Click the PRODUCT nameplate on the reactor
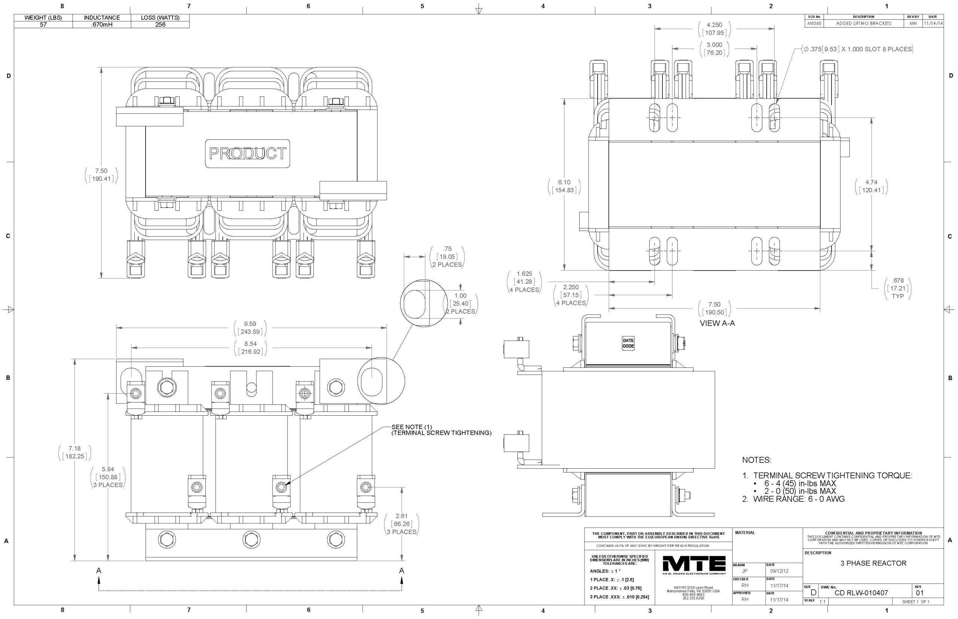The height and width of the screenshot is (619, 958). (247, 153)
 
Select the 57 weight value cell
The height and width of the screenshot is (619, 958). (43, 25)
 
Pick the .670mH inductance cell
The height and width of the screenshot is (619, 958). (102, 25)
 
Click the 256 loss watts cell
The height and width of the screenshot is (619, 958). (160, 25)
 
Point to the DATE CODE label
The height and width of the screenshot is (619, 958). (628, 343)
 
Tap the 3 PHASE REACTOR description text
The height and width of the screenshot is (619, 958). (873, 563)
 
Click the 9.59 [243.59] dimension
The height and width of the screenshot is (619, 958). (250, 327)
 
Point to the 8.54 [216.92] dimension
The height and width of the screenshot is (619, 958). (250, 348)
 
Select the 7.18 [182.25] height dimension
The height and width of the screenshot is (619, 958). (74, 452)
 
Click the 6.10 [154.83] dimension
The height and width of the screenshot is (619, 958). (564, 186)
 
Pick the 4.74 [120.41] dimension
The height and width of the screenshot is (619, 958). (871, 186)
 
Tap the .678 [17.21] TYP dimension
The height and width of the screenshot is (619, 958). (898, 288)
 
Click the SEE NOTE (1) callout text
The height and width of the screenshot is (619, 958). (441, 430)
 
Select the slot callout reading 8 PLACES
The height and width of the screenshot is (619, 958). (857, 49)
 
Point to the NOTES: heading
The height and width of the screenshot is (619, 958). (756, 460)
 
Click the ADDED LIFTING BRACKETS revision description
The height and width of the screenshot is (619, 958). (863, 23)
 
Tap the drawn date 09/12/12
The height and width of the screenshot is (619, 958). (779, 571)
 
